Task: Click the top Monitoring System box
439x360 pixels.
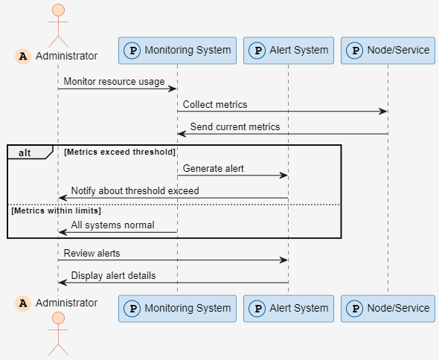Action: click(x=177, y=51)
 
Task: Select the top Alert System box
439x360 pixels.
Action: click(x=288, y=51)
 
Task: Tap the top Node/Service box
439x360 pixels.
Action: click(x=388, y=51)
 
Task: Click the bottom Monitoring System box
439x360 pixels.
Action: click(x=177, y=308)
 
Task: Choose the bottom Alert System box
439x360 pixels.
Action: click(x=288, y=308)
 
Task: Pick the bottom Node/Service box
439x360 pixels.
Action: click(x=388, y=308)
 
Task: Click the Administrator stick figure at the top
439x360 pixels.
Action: click(x=57, y=24)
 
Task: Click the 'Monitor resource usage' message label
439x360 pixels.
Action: click(x=114, y=82)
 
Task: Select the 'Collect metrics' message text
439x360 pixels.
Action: click(x=215, y=105)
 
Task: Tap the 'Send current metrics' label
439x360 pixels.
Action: click(x=234, y=127)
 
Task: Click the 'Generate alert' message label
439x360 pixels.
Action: click(x=213, y=169)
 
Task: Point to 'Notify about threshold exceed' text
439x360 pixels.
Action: click(x=135, y=191)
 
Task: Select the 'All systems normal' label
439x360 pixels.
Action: click(x=112, y=225)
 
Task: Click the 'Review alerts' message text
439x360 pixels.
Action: click(x=92, y=254)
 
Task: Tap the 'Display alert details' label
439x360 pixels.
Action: click(x=113, y=276)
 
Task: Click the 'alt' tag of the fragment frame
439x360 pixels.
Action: click(x=25, y=152)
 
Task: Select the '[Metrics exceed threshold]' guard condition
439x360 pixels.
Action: click(x=119, y=152)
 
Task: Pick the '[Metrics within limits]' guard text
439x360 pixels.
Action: click(x=56, y=211)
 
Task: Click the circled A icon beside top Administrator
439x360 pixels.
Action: click(x=23, y=56)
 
